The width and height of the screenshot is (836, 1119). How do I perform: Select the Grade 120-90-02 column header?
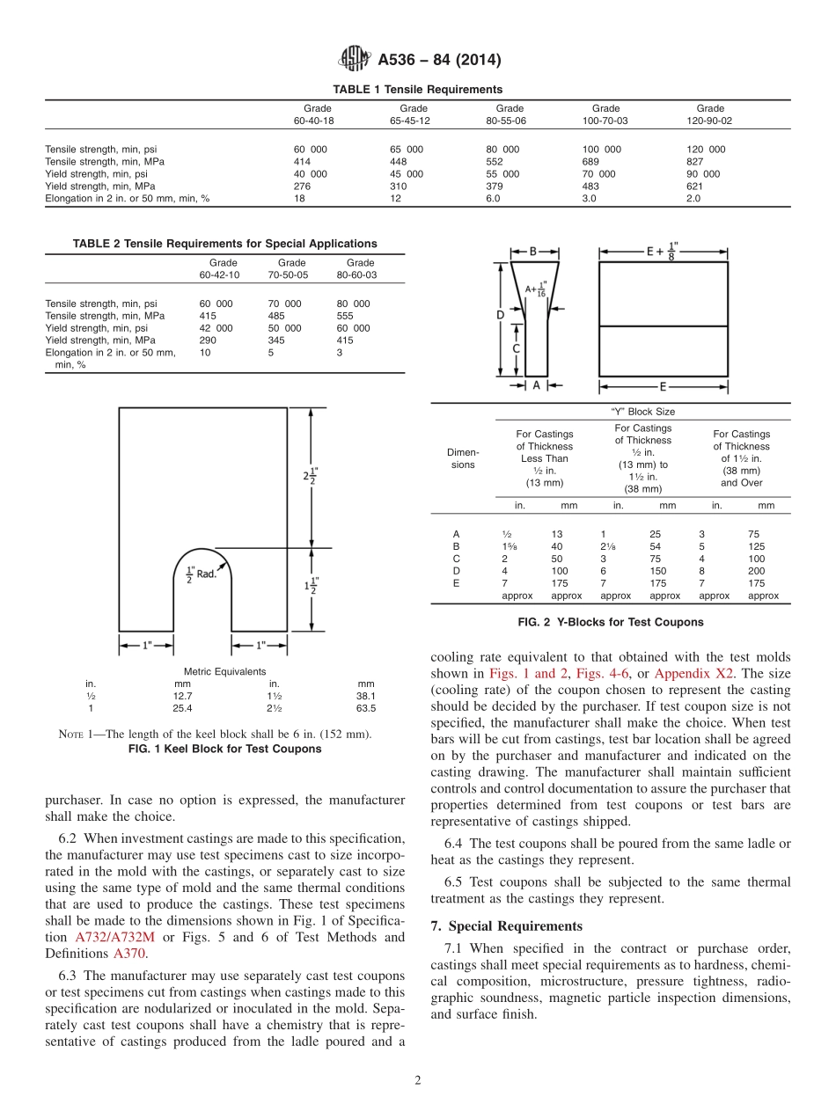pyautogui.click(x=709, y=114)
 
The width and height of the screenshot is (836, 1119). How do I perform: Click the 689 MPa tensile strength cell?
pyautogui.click(x=595, y=162)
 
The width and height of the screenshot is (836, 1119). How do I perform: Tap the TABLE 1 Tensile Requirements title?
pyautogui.click(x=417, y=90)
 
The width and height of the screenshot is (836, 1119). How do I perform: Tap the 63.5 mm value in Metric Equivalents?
pyautogui.click(x=366, y=708)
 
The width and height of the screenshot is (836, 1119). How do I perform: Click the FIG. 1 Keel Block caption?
pyautogui.click(x=225, y=750)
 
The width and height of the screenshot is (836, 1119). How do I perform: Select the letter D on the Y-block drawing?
pyautogui.click(x=500, y=315)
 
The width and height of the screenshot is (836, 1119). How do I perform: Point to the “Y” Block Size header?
pyautogui.click(x=642, y=412)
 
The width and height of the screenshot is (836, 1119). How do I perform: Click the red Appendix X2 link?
pyautogui.click(x=693, y=673)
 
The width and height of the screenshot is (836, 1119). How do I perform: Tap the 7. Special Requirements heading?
pyautogui.click(x=506, y=926)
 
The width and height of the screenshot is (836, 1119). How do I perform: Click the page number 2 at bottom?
pyautogui.click(x=418, y=1081)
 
